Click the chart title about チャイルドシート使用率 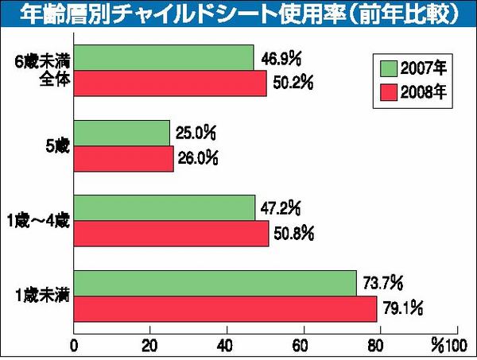point(238,14)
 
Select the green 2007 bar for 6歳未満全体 point(164,58)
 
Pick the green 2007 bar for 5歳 point(122,134)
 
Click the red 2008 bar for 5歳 point(123,159)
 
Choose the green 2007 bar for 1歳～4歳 point(165,208)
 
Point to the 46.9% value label point(281,58)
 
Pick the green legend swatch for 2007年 point(388,67)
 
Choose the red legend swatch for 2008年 point(388,89)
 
